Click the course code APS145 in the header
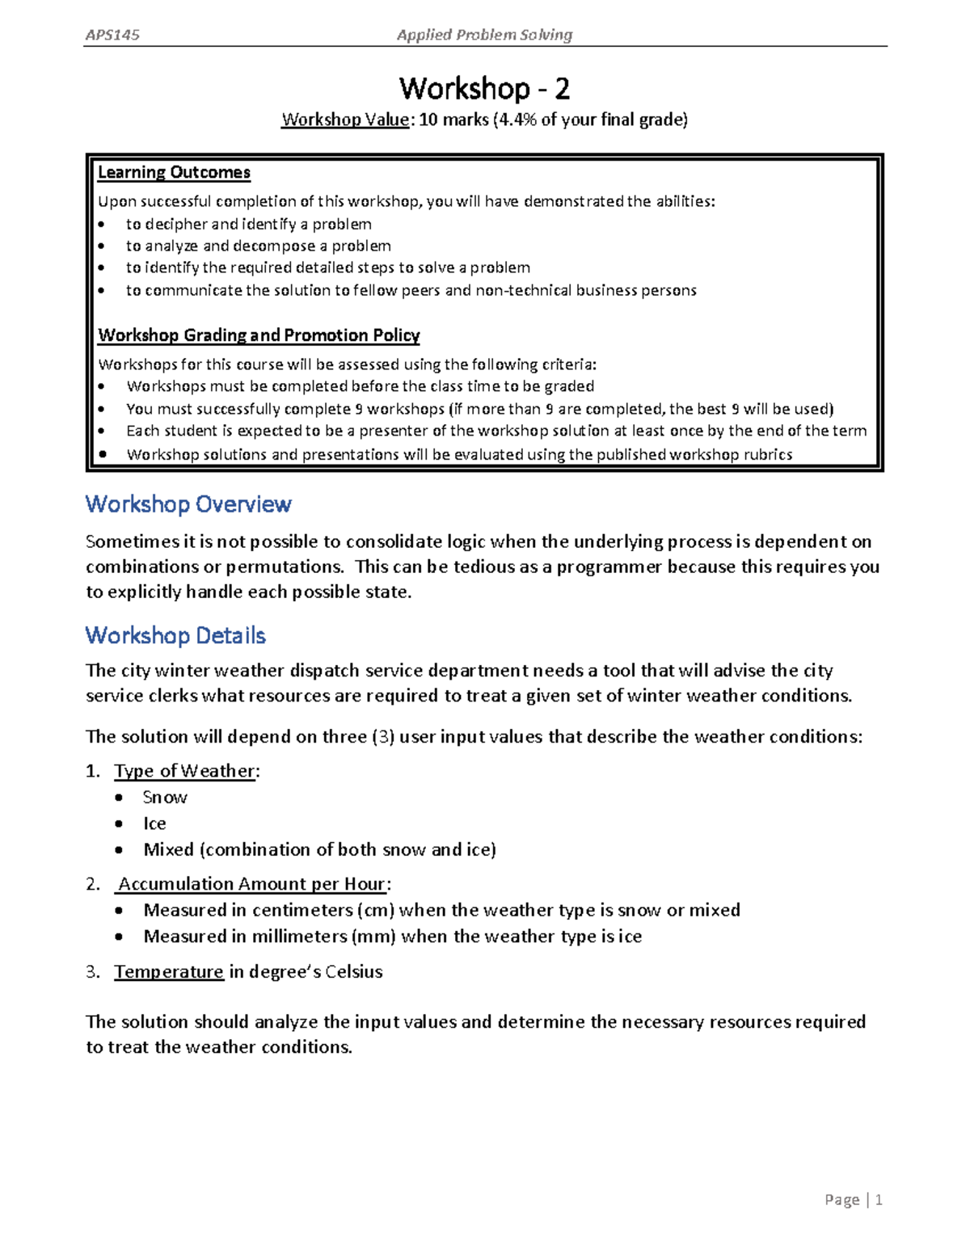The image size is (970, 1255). (112, 35)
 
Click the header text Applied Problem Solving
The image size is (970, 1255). (484, 35)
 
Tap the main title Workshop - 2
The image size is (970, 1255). (484, 87)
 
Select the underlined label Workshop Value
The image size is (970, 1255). (345, 120)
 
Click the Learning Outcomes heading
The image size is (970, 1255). (174, 172)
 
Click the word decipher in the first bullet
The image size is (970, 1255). (176, 224)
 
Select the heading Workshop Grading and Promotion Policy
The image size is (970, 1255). (259, 335)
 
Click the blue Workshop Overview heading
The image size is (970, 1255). (188, 504)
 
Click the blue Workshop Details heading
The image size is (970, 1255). (175, 635)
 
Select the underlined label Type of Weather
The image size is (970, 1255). (185, 771)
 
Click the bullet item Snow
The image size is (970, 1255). (165, 798)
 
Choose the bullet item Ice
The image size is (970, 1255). (154, 823)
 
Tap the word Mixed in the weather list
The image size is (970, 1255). (168, 849)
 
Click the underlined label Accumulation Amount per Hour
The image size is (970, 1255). (252, 884)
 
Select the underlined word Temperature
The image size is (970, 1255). (168, 971)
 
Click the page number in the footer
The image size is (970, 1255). (878, 1200)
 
